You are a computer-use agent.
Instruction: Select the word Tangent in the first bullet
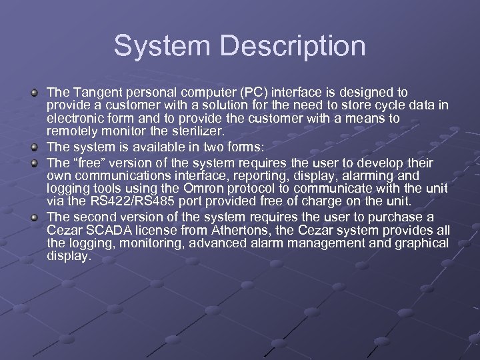[x=93, y=92]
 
